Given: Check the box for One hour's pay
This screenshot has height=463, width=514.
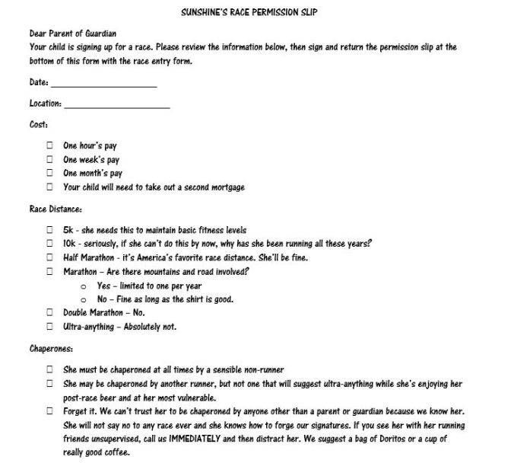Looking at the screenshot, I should [49, 145].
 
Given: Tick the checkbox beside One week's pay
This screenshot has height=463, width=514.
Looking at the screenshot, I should [49, 159].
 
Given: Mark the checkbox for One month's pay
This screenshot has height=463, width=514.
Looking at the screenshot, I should [49, 173].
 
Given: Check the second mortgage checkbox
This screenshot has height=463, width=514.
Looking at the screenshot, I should [49, 187].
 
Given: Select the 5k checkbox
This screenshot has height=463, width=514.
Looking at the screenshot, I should [49, 230].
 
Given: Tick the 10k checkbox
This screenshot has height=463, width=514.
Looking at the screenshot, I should [49, 244].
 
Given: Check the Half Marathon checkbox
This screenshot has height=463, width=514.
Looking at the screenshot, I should [49, 257].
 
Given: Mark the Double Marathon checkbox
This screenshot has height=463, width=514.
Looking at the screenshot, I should [49, 312].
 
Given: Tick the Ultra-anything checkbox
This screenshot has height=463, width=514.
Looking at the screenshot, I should [49, 327].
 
